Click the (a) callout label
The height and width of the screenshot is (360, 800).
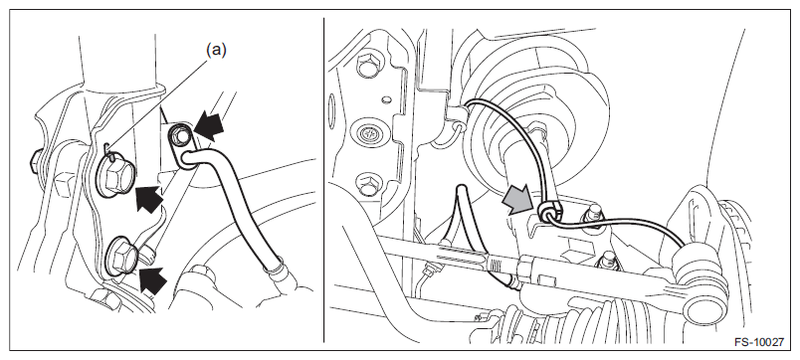(x=216, y=50)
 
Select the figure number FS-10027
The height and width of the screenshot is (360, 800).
(x=758, y=342)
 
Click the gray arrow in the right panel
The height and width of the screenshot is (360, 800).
(x=517, y=199)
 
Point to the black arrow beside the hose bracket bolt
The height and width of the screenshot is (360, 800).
(x=209, y=127)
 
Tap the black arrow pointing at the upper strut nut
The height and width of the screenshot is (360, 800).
(x=150, y=198)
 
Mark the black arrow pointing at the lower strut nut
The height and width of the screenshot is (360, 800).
(x=153, y=279)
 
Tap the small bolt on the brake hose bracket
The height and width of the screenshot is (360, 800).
(x=179, y=136)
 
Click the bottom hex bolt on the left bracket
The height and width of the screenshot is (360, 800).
(x=368, y=185)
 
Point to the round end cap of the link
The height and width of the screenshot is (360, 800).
(x=705, y=307)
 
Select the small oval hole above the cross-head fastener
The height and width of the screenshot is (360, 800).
(x=386, y=98)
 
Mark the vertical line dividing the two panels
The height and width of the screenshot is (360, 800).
(x=323, y=180)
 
